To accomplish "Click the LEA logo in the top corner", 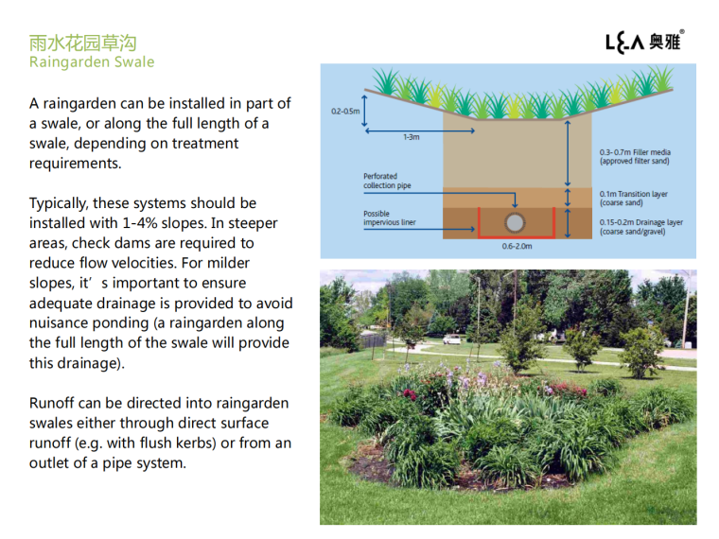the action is point(643,41).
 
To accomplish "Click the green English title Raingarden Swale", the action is point(92,62).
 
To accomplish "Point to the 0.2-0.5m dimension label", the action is point(345,112).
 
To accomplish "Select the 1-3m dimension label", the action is point(411,137).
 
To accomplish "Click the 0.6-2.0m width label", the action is point(517,247).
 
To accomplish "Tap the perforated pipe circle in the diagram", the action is point(516,223).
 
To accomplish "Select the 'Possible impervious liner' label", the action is point(389,218).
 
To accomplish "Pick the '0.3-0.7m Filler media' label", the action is point(637,156).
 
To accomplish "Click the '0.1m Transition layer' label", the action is point(634,198).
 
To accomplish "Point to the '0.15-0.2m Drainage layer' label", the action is point(640,227).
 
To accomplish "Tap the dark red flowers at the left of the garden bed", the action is point(409,392).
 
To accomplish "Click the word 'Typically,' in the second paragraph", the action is point(61,203).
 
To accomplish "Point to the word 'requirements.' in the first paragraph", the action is point(76,164).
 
